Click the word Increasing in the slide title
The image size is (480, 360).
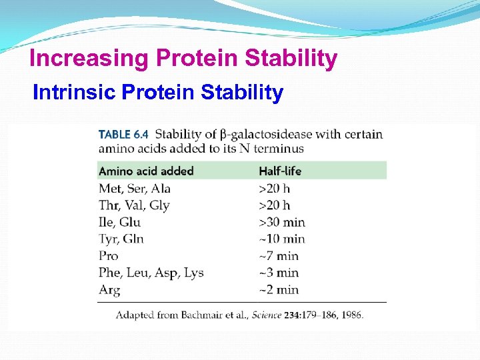(89, 59)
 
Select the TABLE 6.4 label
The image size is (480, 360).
(123, 134)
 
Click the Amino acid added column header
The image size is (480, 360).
(146, 171)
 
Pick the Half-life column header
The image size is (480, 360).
(280, 171)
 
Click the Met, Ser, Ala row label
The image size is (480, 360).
(135, 189)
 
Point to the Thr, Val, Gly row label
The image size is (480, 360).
(134, 205)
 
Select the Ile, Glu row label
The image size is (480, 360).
(119, 222)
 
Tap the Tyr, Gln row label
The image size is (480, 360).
(121, 239)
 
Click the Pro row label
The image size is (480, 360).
(109, 256)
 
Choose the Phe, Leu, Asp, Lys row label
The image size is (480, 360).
(151, 273)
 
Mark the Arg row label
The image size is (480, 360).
(109, 290)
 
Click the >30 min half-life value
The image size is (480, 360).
(282, 222)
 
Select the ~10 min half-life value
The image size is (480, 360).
(282, 239)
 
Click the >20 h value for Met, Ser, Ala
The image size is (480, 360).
(275, 189)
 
